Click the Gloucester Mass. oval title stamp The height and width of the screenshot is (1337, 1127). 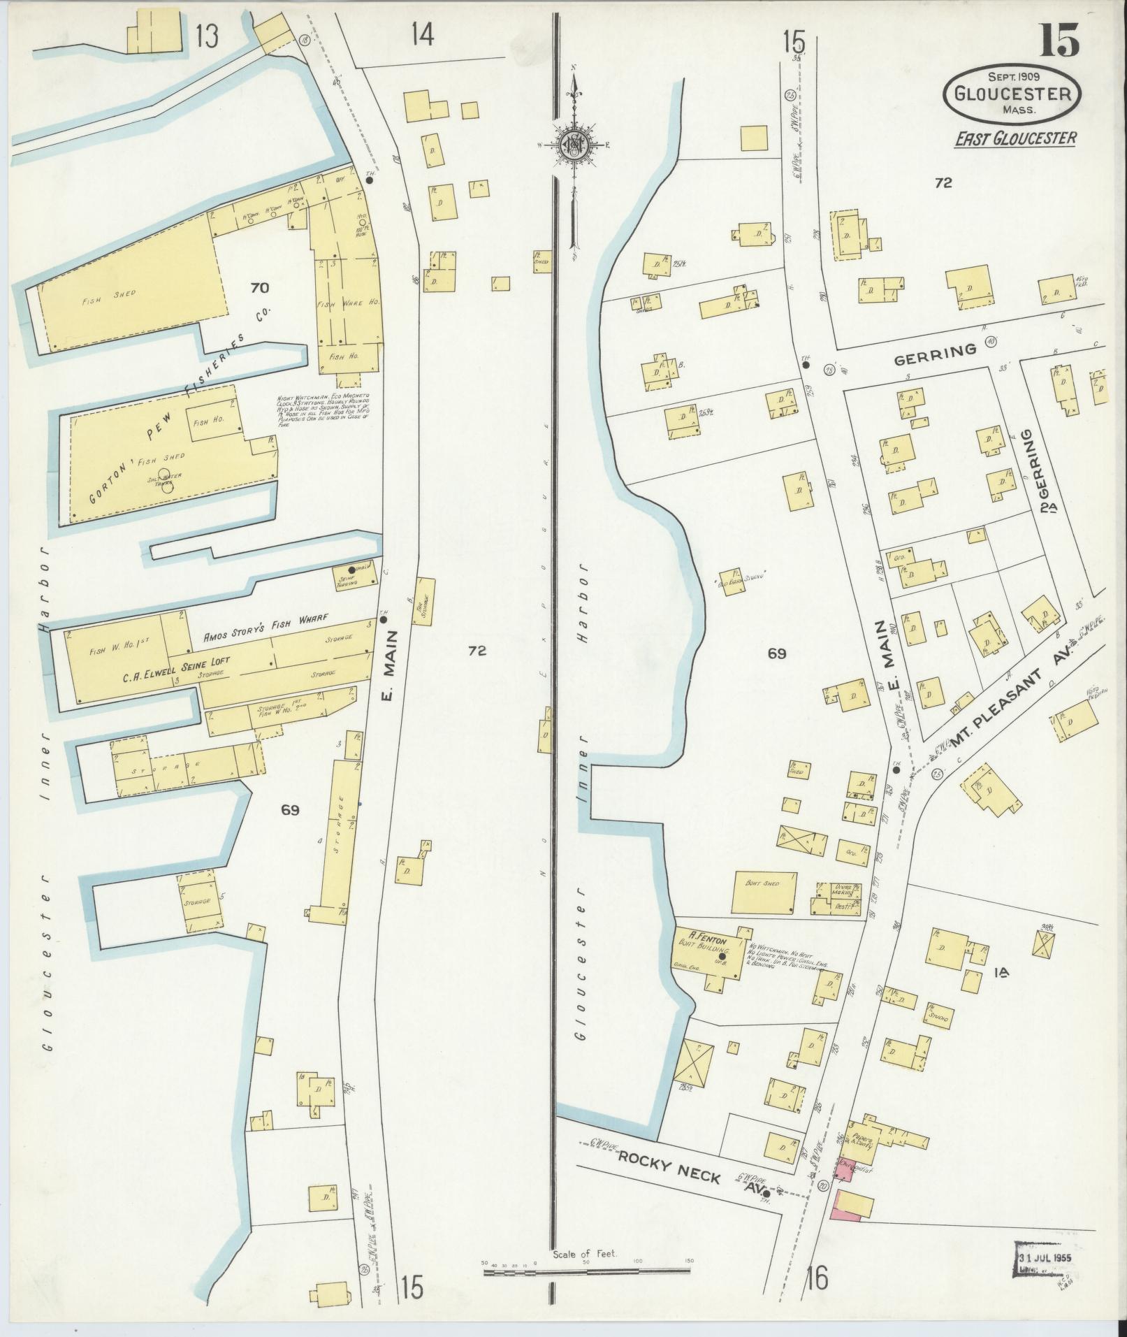[x=1012, y=94]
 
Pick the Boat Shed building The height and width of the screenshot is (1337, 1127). [x=764, y=892]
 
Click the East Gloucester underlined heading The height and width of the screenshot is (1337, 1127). [x=1015, y=138]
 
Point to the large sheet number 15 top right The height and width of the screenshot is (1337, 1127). [x=1059, y=41]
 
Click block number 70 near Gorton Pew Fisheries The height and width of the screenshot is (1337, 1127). [x=259, y=287]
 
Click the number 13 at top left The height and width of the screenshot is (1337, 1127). [x=207, y=35]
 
